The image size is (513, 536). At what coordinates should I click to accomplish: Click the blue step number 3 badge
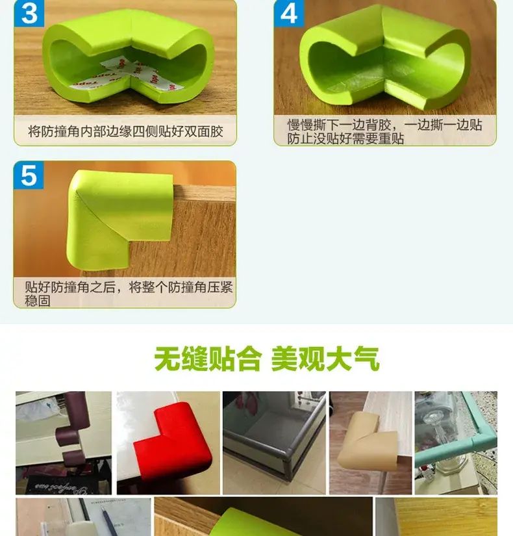pyautogui.click(x=29, y=14)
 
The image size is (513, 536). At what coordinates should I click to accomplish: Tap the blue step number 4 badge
pyautogui.click(x=289, y=14)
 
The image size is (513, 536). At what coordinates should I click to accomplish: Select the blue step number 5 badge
pyautogui.click(x=29, y=175)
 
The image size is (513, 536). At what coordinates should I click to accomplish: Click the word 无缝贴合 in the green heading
pyautogui.click(x=207, y=359)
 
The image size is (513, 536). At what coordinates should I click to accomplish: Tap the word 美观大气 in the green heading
pyautogui.click(x=325, y=359)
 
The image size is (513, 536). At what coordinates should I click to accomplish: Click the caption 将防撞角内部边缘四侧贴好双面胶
pyautogui.click(x=125, y=132)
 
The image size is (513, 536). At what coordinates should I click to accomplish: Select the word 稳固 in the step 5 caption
pyautogui.click(x=38, y=301)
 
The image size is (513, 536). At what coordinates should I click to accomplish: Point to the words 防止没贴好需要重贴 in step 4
pyautogui.click(x=345, y=139)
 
